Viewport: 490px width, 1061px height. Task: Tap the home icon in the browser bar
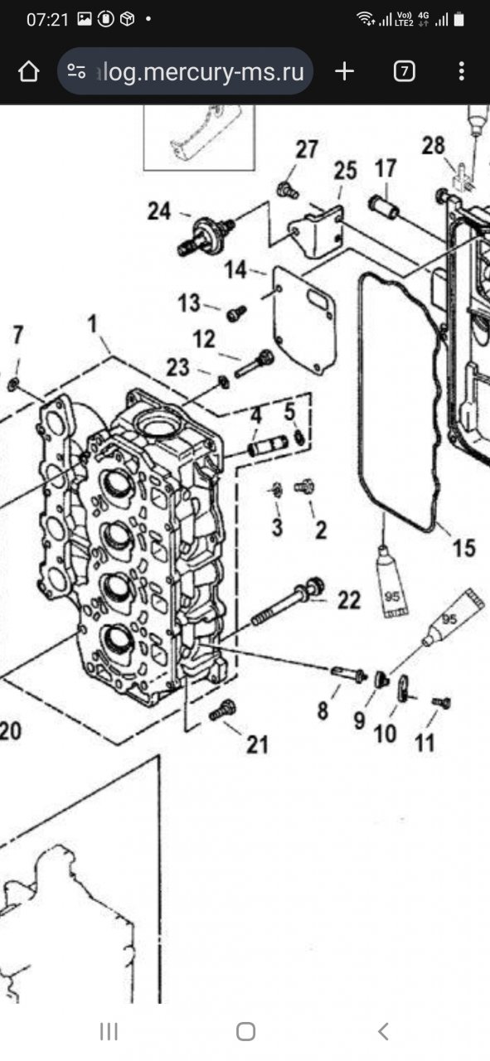click(28, 71)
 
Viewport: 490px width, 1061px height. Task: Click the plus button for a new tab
click(345, 71)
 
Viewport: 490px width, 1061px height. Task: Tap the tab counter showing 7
click(405, 71)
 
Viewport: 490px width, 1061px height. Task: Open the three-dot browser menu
click(462, 71)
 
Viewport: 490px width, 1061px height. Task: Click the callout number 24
click(158, 211)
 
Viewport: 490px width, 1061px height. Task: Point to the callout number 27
click(307, 150)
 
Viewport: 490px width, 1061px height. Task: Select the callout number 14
click(235, 270)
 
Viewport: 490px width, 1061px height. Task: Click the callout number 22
click(349, 600)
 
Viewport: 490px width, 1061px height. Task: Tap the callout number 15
click(464, 548)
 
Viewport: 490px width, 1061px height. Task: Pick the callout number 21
click(257, 744)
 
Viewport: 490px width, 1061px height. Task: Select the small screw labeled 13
click(236, 313)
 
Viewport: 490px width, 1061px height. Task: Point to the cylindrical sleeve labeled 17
click(383, 207)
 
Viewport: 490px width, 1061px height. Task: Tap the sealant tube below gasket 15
click(392, 582)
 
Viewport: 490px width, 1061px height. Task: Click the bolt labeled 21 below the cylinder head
click(222, 711)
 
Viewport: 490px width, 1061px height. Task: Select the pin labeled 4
click(269, 445)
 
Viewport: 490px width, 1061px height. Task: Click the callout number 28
click(433, 146)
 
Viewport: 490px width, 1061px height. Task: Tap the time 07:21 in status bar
click(47, 19)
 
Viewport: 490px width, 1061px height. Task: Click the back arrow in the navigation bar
click(383, 1032)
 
